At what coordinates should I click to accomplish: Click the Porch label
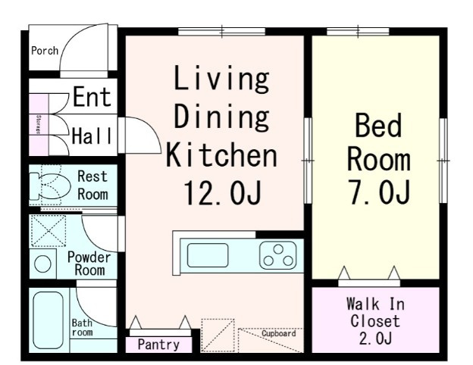click(45, 51)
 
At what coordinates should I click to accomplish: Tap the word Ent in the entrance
click(92, 97)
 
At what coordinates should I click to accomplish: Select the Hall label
click(92, 136)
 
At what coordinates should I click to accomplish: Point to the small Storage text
click(39, 124)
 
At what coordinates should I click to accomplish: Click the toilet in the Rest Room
click(50, 186)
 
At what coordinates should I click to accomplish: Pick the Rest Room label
click(92, 186)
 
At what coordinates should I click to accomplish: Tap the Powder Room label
click(89, 264)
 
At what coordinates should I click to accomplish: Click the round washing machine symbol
click(42, 264)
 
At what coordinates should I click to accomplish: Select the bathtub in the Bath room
click(49, 320)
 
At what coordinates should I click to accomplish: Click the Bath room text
click(82, 328)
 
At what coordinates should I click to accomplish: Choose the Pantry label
click(158, 345)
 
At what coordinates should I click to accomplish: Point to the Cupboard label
click(278, 333)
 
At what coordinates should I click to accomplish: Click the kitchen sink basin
click(208, 255)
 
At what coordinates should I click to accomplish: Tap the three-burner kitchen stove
click(278, 256)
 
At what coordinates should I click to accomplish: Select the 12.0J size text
click(222, 193)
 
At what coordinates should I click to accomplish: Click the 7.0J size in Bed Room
click(380, 192)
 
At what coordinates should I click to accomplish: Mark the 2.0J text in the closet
click(375, 338)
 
